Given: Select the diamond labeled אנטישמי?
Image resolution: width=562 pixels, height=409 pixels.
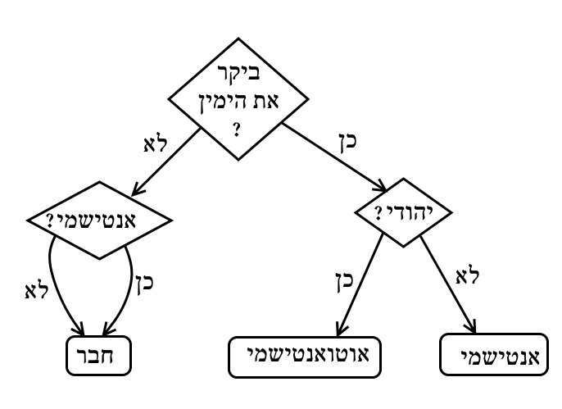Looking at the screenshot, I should pyautogui.click(x=99, y=220).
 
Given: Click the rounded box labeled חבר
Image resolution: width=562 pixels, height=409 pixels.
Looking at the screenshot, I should pyautogui.click(x=99, y=357).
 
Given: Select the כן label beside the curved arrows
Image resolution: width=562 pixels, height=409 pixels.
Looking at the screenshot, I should pyautogui.click(x=143, y=284).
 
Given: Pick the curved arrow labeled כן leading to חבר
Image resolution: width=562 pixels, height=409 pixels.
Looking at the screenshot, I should pyautogui.click(x=129, y=287).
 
